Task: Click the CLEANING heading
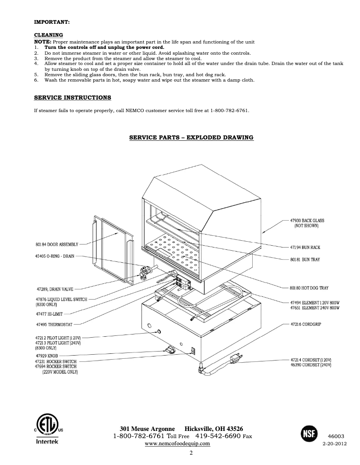click(48, 35)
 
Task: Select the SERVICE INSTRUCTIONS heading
click(73, 97)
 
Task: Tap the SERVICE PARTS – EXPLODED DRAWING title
click(191, 137)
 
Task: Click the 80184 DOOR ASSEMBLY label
click(57, 244)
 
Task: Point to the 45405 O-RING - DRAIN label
click(55, 256)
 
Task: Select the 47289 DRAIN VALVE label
click(55, 289)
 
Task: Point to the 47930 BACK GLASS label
click(306, 221)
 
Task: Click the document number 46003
click(336, 436)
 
